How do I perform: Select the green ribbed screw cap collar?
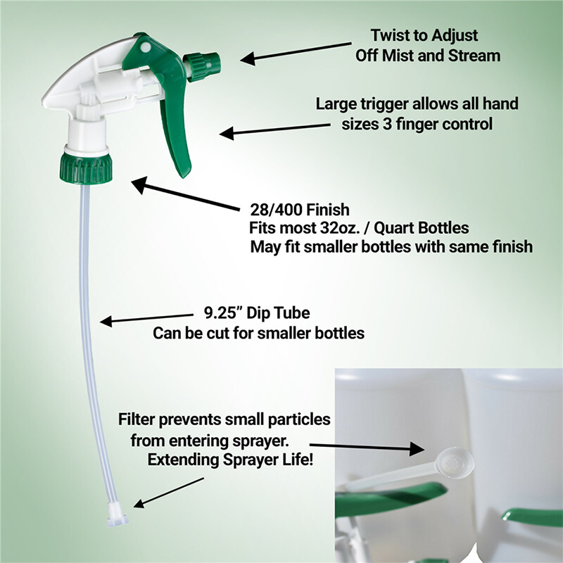[x=86, y=168]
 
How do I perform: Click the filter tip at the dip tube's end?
[x=117, y=514]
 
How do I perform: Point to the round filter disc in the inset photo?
[x=454, y=463]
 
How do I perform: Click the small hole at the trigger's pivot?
[x=146, y=47]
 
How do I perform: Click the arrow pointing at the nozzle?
[x=296, y=54]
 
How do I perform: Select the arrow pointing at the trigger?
[x=274, y=129]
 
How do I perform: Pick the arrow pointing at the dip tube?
[x=146, y=320]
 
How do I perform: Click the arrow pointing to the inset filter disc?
[x=367, y=448]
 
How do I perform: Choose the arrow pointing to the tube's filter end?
[x=169, y=493]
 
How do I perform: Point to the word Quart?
[x=392, y=228]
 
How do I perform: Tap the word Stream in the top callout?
[x=474, y=56]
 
